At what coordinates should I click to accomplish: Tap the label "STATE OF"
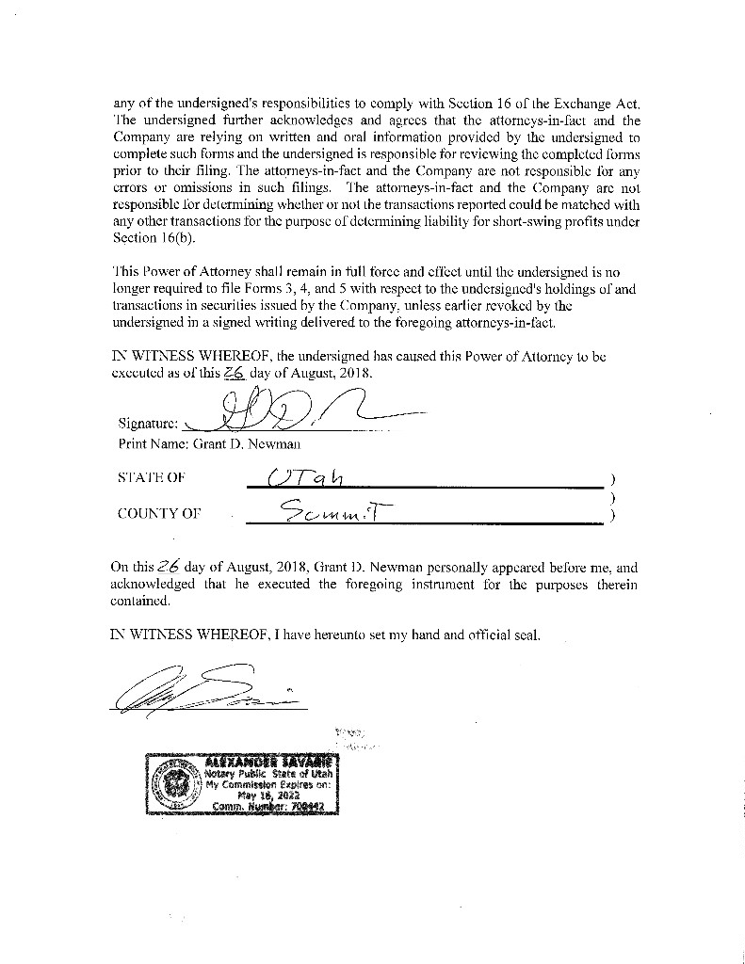(151, 477)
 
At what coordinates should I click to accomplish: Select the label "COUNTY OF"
(159, 513)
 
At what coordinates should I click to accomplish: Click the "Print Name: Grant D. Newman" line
(209, 442)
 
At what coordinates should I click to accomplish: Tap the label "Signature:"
(148, 423)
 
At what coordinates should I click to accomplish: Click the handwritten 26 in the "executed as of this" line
(234, 372)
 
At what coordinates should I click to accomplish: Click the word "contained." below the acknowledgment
(140, 600)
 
